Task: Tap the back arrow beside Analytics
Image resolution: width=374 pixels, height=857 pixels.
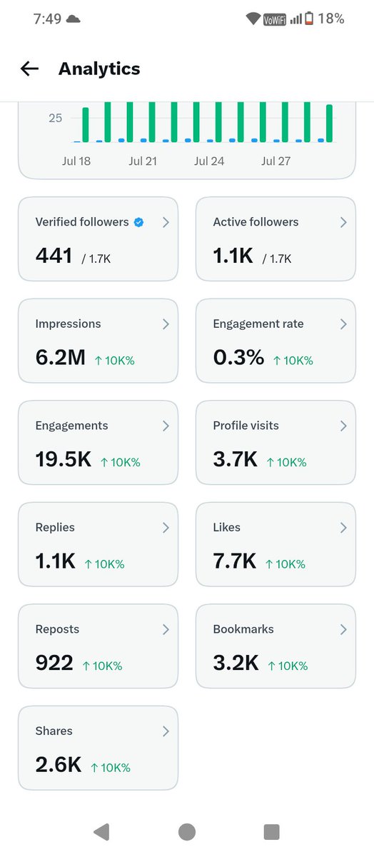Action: [x=29, y=69]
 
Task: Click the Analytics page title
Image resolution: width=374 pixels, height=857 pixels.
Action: [x=99, y=69]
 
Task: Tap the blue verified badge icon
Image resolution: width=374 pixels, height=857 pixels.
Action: [x=138, y=222]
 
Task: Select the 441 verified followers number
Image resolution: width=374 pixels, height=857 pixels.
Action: [x=54, y=256]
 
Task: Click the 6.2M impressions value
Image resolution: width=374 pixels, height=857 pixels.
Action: [x=61, y=357]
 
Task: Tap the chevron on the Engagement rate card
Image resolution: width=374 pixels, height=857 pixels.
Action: [x=343, y=324]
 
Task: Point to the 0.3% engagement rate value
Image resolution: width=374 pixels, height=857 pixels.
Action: [x=238, y=357]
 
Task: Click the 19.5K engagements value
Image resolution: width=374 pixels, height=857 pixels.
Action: [x=64, y=459]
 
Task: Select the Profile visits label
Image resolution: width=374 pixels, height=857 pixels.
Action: [x=246, y=426]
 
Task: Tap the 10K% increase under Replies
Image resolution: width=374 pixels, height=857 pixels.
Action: [x=104, y=564]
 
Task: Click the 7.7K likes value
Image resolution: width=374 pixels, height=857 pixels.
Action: [x=235, y=561]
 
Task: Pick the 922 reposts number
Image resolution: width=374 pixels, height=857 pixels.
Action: [x=54, y=663]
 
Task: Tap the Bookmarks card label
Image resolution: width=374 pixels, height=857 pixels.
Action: [x=243, y=629]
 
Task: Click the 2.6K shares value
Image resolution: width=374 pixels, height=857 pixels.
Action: [x=59, y=764]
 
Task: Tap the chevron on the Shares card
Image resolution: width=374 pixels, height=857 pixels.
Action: [x=166, y=731]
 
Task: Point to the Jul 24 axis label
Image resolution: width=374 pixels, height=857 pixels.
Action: [x=209, y=161]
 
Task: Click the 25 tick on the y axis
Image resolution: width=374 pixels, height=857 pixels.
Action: [x=55, y=119]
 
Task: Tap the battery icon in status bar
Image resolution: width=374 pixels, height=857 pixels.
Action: [x=309, y=18]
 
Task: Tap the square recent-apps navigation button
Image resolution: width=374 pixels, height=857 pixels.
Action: [x=271, y=832]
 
